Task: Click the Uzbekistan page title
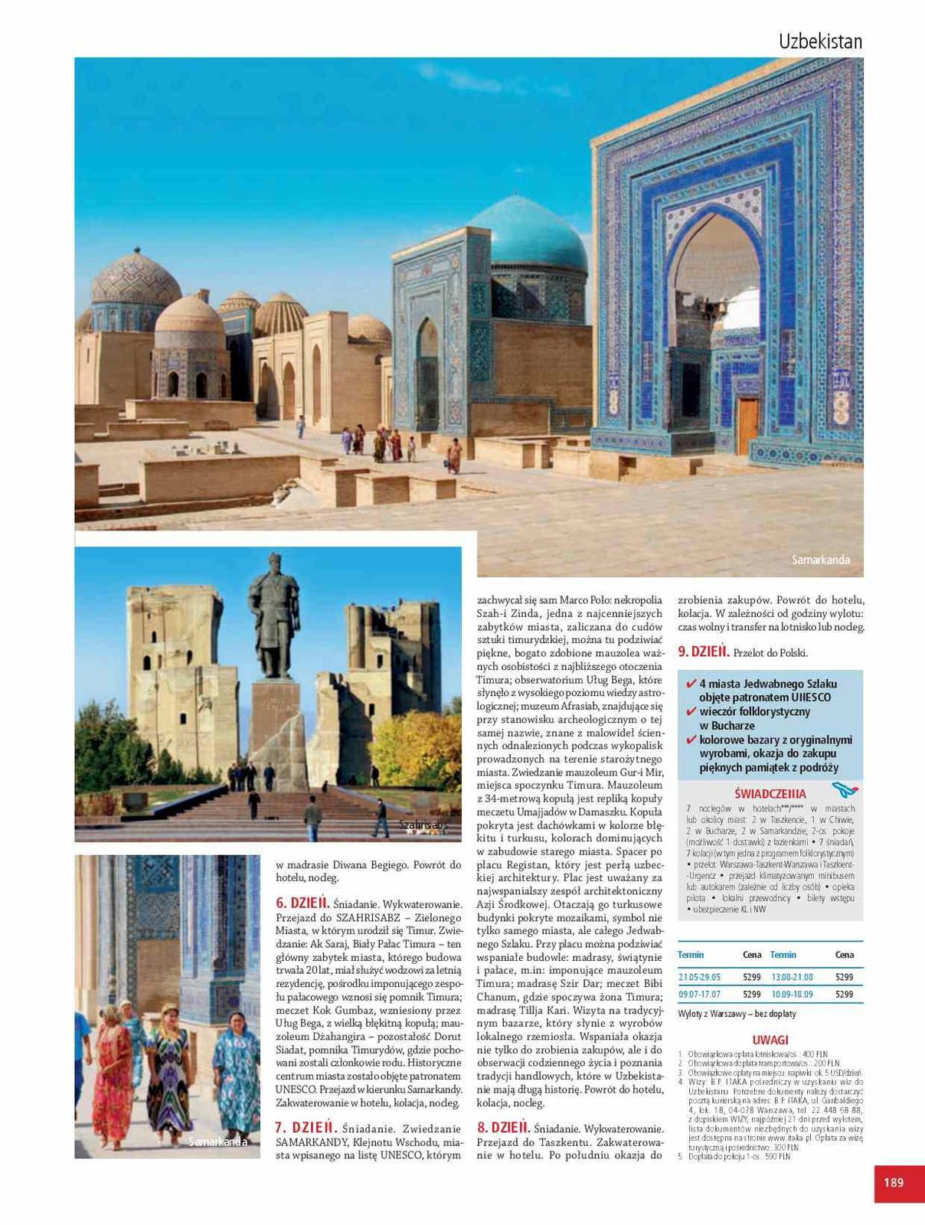pyautogui.click(x=820, y=41)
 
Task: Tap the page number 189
pyautogui.click(x=893, y=1182)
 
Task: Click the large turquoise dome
pyautogui.click(x=528, y=234)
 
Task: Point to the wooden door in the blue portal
pyautogui.click(x=747, y=426)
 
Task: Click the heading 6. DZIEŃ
pyautogui.click(x=302, y=903)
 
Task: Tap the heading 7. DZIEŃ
pyautogui.click(x=306, y=1127)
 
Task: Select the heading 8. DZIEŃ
pyautogui.click(x=503, y=1127)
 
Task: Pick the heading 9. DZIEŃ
pyautogui.click(x=703, y=652)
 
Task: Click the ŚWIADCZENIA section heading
pyautogui.click(x=770, y=794)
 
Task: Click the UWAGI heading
pyautogui.click(x=770, y=1040)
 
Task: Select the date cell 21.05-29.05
pyautogui.click(x=699, y=977)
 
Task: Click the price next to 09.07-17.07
pyautogui.click(x=751, y=994)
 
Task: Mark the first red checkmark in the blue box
pyautogui.click(x=691, y=683)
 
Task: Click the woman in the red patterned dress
pyautogui.click(x=111, y=1080)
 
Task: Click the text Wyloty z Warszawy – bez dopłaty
pyautogui.click(x=737, y=1014)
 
